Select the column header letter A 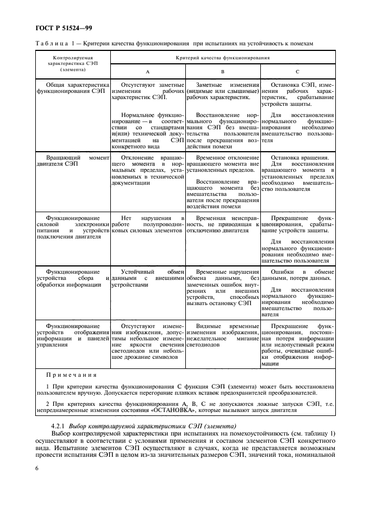147,72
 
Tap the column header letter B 222,72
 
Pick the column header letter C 297,72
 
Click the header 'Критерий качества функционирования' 222,58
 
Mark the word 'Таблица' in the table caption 53,44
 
